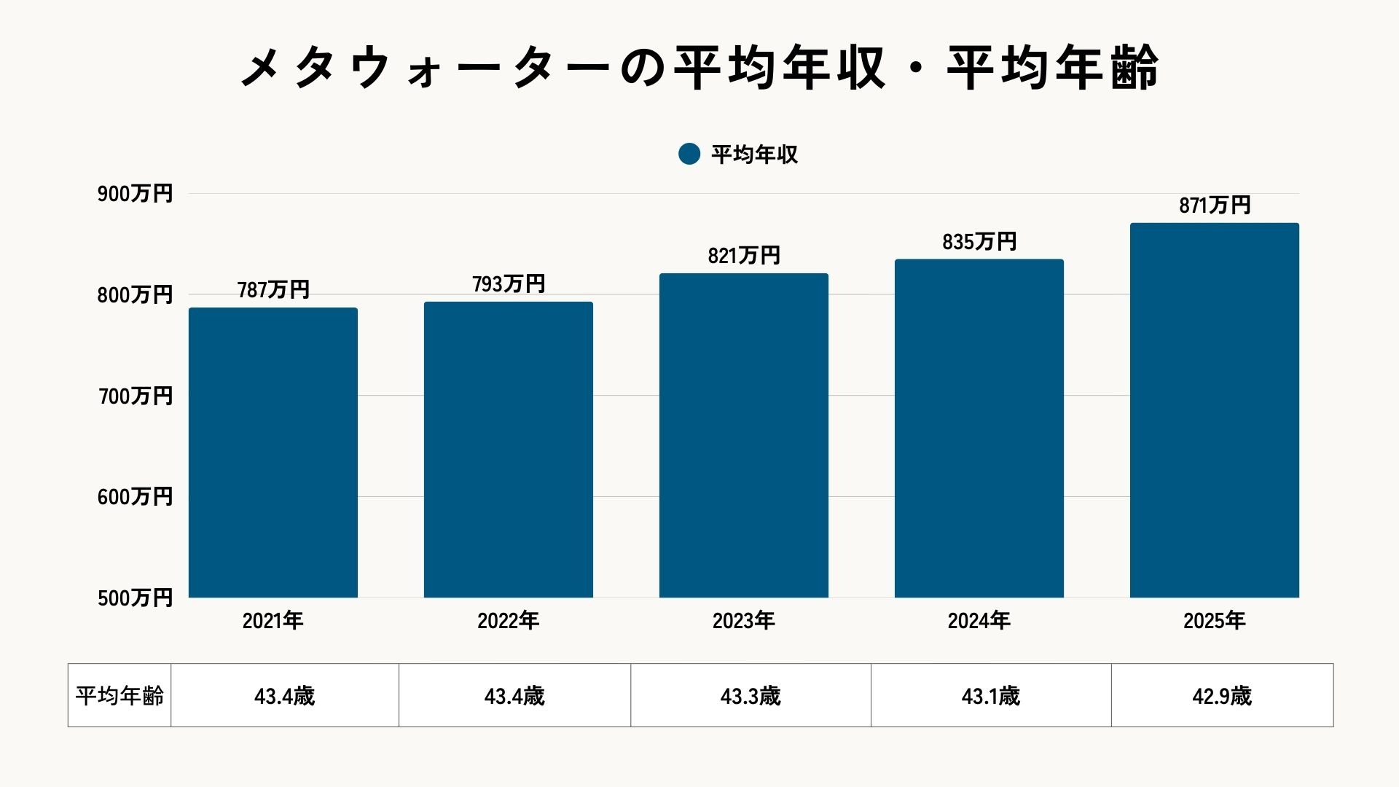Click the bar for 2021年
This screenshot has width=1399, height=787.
pyautogui.click(x=273, y=452)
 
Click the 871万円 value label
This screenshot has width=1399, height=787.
pyautogui.click(x=1215, y=205)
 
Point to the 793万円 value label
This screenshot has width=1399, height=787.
pyautogui.click(x=509, y=283)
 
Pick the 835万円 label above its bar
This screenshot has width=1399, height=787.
pyautogui.click(x=979, y=241)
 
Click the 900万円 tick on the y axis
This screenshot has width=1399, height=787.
pyautogui.click(x=135, y=194)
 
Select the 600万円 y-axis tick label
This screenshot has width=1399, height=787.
pyautogui.click(x=135, y=497)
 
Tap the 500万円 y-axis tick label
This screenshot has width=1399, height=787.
pyautogui.click(x=135, y=598)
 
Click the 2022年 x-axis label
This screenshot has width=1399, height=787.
pyautogui.click(x=509, y=620)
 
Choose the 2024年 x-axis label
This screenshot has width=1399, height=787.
pyautogui.click(x=979, y=620)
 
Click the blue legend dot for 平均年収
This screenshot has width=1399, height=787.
pyautogui.click(x=689, y=154)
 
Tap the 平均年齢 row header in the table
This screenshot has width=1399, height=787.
pyautogui.click(x=119, y=695)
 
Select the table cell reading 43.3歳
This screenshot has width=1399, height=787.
pyautogui.click(x=751, y=696)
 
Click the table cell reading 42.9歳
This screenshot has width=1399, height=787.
pyautogui.click(x=1222, y=696)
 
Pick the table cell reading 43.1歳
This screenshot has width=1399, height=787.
pyautogui.click(x=991, y=696)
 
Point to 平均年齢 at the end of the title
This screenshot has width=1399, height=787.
pyautogui.click(x=1053, y=68)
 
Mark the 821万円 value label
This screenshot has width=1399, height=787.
pyautogui.click(x=744, y=255)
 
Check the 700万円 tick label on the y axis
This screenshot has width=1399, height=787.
pyautogui.click(x=135, y=396)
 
